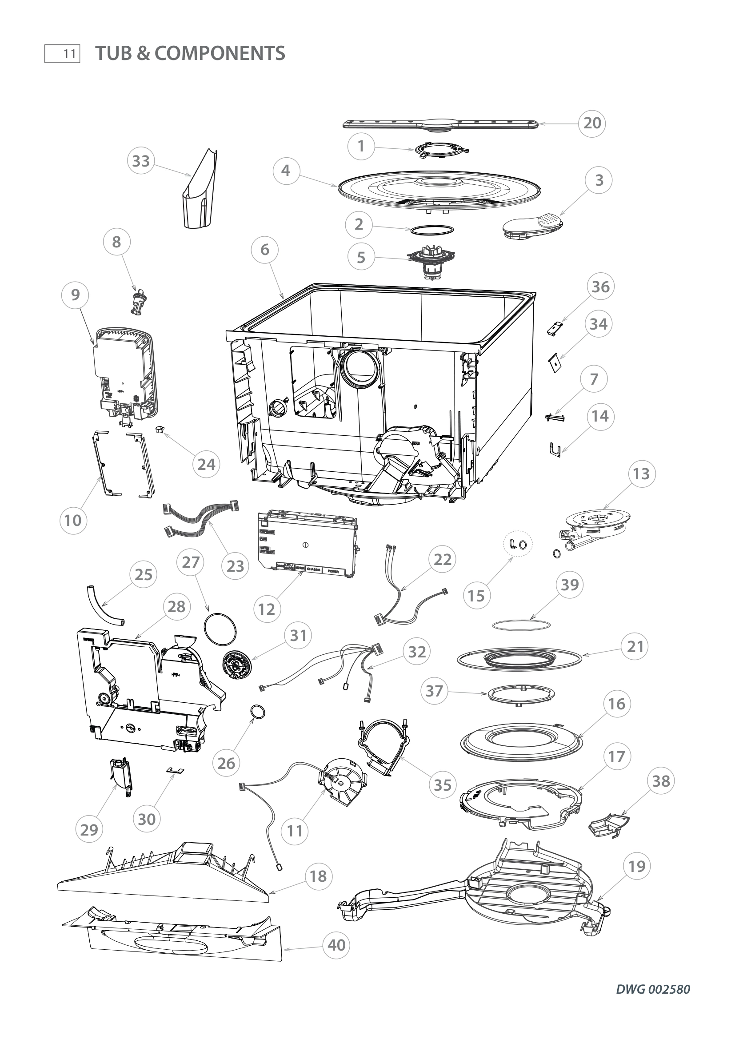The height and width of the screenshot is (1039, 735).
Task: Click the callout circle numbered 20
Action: coord(592,123)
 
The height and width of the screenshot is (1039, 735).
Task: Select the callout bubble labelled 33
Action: coord(141,161)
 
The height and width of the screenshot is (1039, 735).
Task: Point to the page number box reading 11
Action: coord(63,54)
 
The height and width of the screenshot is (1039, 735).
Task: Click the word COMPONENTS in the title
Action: coord(220,53)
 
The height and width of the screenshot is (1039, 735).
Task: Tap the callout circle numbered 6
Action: coord(265,249)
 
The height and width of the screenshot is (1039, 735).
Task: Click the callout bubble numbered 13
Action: coord(641,474)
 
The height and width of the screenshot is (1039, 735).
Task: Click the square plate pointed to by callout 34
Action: coord(555,363)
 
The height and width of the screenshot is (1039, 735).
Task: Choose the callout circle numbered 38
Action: coord(661,780)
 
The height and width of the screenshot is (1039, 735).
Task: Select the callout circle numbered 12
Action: coord(267,609)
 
